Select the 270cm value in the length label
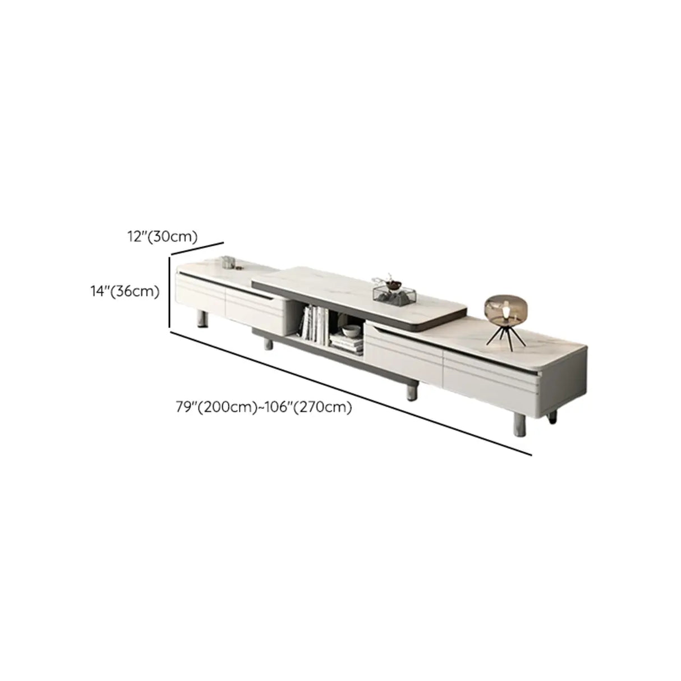[327, 408]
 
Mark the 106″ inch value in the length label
[283, 408]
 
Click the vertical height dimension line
[169, 292]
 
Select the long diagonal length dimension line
[351, 393]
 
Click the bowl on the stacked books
[352, 332]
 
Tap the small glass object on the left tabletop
[228, 262]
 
